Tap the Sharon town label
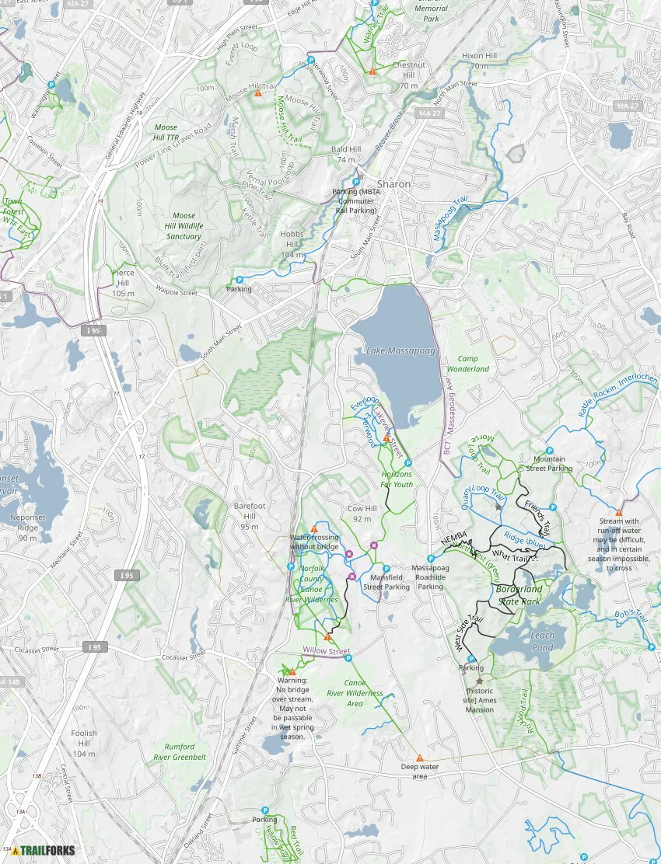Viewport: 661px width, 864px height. (393, 184)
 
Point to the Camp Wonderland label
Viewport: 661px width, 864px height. (473, 364)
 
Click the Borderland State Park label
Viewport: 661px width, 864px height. (518, 595)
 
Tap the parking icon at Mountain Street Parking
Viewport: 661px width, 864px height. (550, 451)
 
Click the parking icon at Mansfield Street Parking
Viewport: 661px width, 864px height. (386, 569)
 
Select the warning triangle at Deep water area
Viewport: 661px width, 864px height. (419, 758)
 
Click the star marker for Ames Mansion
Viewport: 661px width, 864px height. (479, 681)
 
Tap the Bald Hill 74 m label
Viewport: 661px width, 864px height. (346, 154)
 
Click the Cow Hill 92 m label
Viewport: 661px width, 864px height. (362, 514)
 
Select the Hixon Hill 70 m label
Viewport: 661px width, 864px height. (479, 61)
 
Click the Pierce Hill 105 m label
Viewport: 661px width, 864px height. (123, 277)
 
